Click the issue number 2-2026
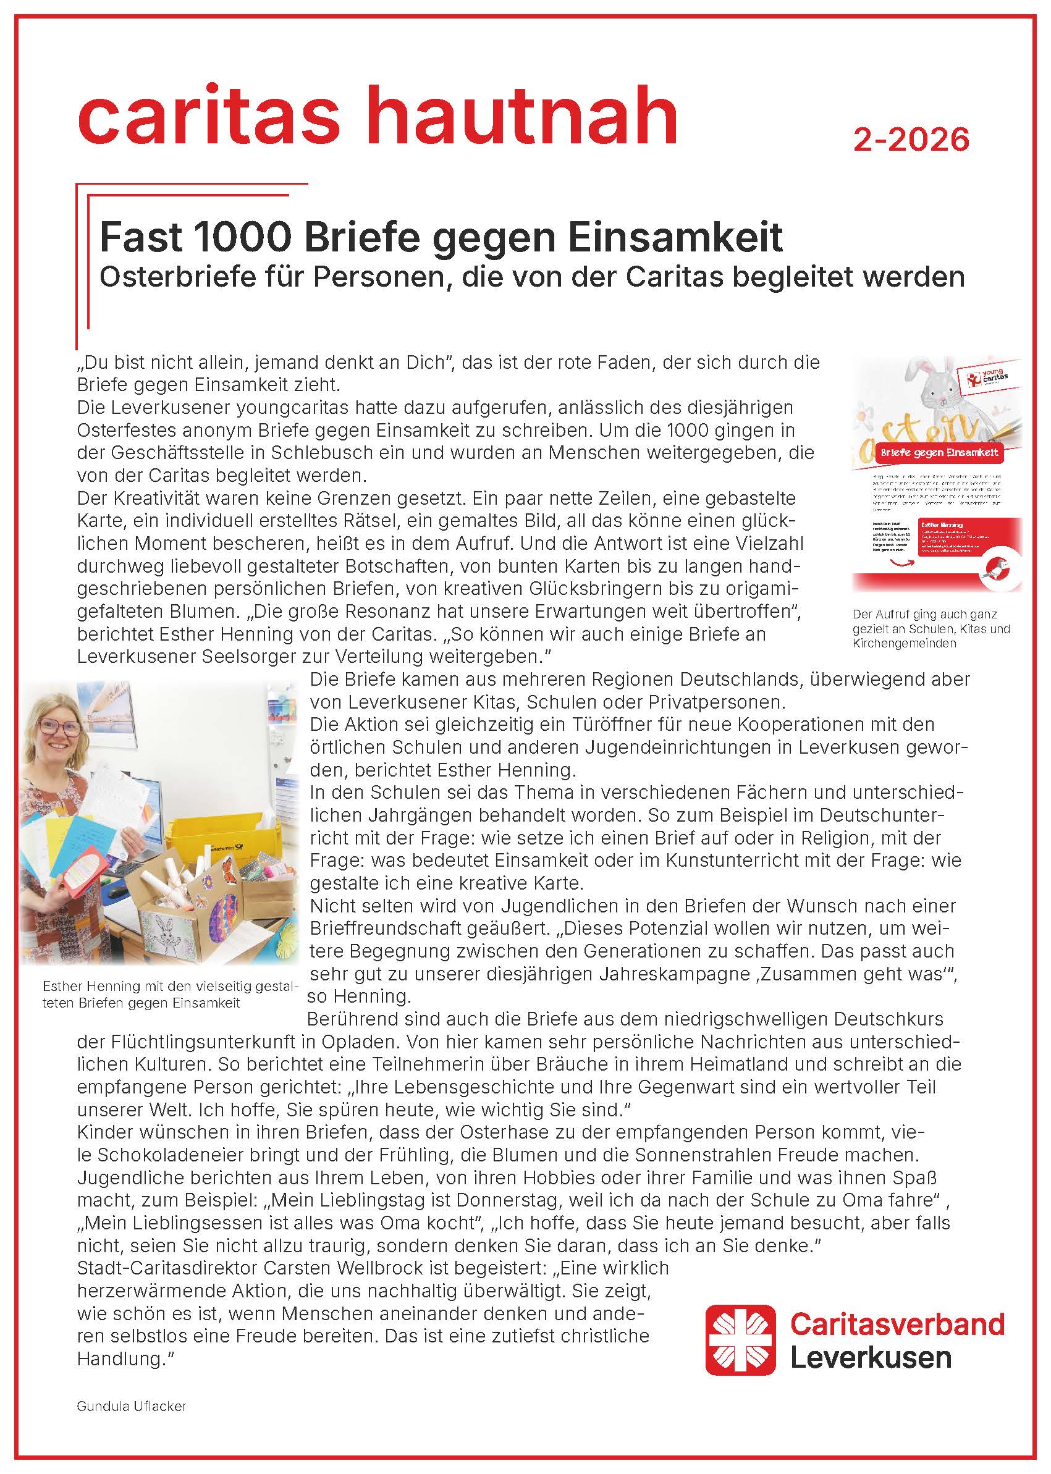[911, 139]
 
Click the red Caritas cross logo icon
[740, 1339]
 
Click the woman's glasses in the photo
[59, 728]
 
